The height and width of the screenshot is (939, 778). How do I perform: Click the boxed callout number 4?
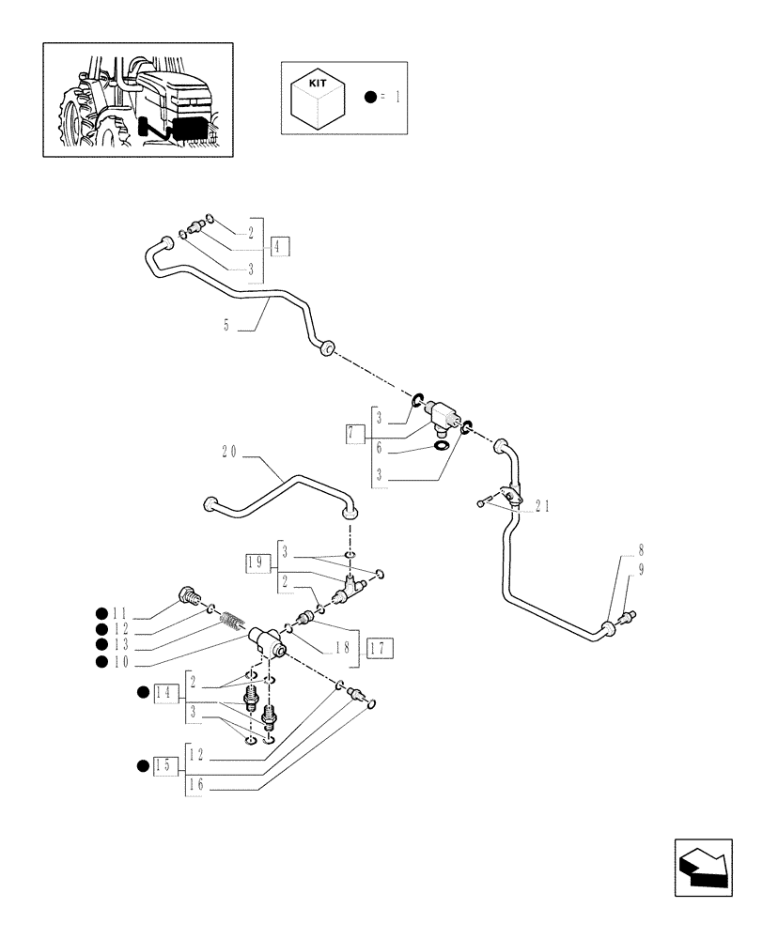(x=280, y=248)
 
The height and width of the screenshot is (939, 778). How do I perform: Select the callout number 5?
(x=226, y=327)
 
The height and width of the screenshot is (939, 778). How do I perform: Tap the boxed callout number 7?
(x=354, y=433)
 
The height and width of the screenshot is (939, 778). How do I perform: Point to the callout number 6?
(x=379, y=449)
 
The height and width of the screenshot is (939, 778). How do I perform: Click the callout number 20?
(x=229, y=452)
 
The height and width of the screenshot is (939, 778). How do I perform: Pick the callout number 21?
(x=541, y=506)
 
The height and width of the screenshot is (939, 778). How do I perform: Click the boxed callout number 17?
(x=380, y=647)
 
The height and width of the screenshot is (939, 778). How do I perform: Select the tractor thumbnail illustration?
(x=137, y=99)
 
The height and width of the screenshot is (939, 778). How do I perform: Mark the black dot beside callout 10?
(x=101, y=661)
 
